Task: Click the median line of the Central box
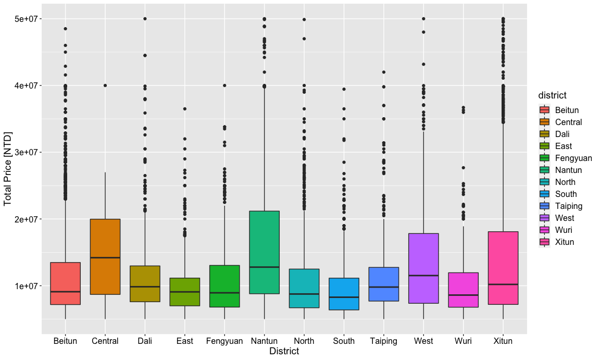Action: click(x=105, y=257)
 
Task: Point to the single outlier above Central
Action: click(x=105, y=85)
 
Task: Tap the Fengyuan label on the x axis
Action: click(x=224, y=341)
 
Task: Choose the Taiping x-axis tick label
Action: click(x=384, y=341)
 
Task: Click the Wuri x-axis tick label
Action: click(x=464, y=341)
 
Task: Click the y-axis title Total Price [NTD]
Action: click(x=8, y=169)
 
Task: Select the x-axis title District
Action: click(x=284, y=352)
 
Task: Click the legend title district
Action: click(x=552, y=95)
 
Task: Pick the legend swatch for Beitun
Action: click(x=545, y=110)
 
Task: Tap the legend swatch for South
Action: click(x=545, y=194)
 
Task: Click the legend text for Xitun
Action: click(x=565, y=242)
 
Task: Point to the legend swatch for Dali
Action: click(x=545, y=134)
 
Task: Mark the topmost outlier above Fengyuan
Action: click(x=224, y=85)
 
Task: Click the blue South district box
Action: click(x=344, y=294)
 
